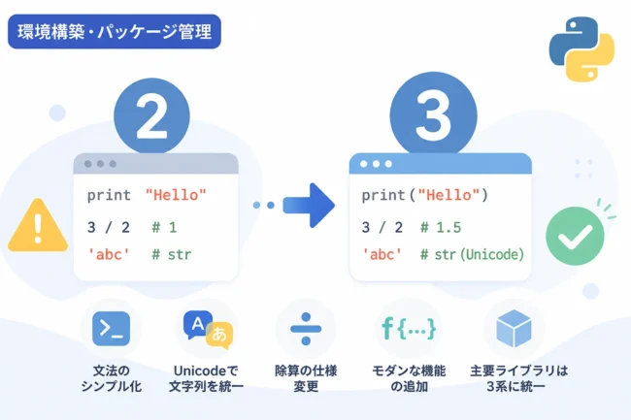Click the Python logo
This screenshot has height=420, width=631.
click(581, 49)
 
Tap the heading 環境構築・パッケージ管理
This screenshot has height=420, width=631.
click(115, 32)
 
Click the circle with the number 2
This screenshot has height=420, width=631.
click(151, 116)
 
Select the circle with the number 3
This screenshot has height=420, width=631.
click(433, 115)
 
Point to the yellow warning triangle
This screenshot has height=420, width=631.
click(38, 226)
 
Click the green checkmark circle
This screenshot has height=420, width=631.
click(575, 236)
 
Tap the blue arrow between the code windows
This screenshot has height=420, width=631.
click(309, 206)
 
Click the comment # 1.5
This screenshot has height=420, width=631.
click(441, 228)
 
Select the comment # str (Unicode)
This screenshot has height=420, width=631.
click(472, 254)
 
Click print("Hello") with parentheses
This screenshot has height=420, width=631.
click(425, 195)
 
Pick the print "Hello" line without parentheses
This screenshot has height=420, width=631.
click(147, 195)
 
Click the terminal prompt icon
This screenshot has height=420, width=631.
click(111, 329)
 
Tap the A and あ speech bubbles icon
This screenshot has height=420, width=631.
click(208, 330)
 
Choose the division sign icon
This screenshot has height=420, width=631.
click(306, 329)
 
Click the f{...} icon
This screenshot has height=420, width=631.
click(409, 329)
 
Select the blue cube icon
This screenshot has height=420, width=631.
click(515, 329)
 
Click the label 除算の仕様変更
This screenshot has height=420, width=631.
click(306, 378)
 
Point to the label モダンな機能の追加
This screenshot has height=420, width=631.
click(409, 378)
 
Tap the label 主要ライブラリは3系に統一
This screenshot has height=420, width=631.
click(518, 378)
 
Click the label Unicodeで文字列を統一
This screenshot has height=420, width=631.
click(206, 378)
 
